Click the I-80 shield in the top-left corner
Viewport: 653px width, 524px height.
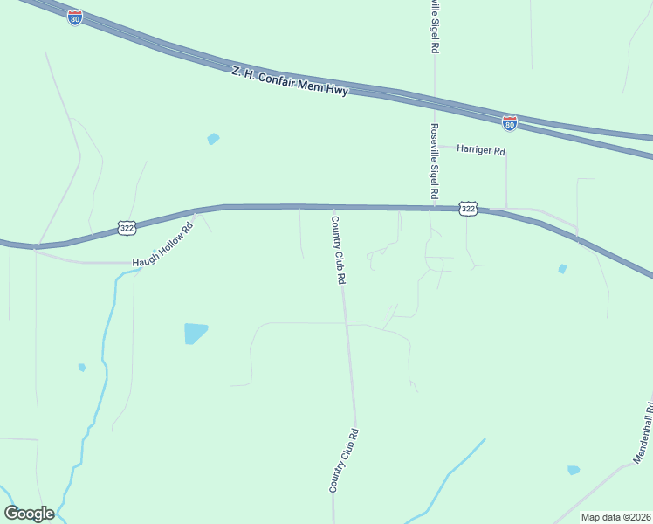coord(75,17)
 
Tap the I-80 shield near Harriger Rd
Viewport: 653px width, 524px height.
coord(510,123)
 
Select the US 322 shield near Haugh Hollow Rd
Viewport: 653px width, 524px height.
coord(127,228)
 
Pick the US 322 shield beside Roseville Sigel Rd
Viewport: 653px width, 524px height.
coord(469,208)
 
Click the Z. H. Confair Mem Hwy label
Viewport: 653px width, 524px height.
coord(290,80)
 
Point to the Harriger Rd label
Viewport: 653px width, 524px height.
coord(482,150)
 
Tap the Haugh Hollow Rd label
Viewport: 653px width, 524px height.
coord(162,247)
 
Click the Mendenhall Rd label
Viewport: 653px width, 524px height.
coord(644,432)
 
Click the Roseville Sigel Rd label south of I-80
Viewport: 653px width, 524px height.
coord(434,161)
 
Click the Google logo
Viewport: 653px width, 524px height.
coord(29,514)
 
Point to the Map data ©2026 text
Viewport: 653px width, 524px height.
coord(615,517)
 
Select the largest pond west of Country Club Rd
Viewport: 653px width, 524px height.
coord(196,333)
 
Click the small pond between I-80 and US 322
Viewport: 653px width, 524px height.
coord(213,139)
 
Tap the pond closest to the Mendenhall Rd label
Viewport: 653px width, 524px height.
coord(573,470)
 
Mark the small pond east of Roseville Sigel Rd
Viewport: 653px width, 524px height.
coord(562,269)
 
